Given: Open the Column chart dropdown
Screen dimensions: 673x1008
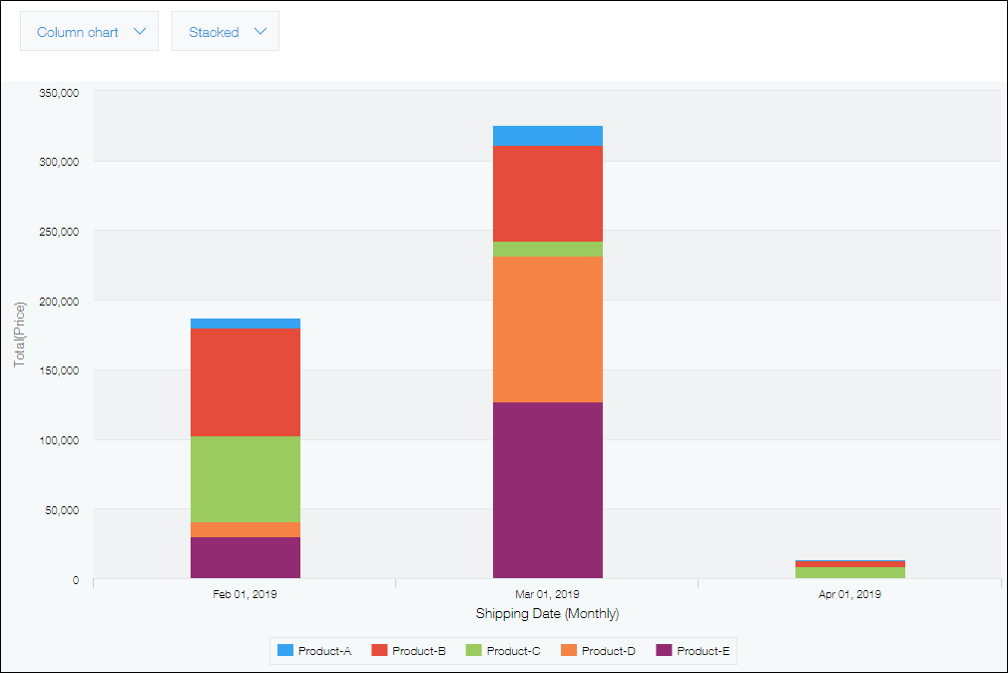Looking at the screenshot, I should click(x=90, y=32).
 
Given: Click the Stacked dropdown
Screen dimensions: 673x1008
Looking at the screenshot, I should click(x=226, y=32).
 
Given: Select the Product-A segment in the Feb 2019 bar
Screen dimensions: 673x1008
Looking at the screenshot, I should click(x=246, y=324).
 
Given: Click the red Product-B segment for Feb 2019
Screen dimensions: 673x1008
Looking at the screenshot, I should click(x=246, y=382).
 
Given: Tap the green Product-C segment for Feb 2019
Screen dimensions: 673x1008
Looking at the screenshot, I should click(x=246, y=479).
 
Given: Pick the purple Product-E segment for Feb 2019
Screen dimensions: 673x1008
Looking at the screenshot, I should click(x=246, y=558).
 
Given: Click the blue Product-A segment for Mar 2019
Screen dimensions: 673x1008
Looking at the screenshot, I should click(x=548, y=136).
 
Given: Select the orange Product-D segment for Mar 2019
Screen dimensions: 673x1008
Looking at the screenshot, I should click(x=548, y=330).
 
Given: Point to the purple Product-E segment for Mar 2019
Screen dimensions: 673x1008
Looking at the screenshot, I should click(x=548, y=490).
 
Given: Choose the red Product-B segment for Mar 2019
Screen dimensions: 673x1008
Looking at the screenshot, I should click(x=548, y=194).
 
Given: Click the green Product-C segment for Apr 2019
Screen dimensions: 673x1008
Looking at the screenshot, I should click(x=850, y=573).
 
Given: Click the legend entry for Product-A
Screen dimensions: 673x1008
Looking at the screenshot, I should click(x=313, y=651).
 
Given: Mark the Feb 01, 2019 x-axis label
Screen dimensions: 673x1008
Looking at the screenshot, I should click(x=246, y=594).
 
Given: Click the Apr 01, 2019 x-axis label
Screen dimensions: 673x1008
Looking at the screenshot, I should click(x=850, y=594).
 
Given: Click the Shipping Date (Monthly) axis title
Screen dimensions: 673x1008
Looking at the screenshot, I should click(x=547, y=613).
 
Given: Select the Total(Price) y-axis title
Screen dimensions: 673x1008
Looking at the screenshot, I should click(x=20, y=335).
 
